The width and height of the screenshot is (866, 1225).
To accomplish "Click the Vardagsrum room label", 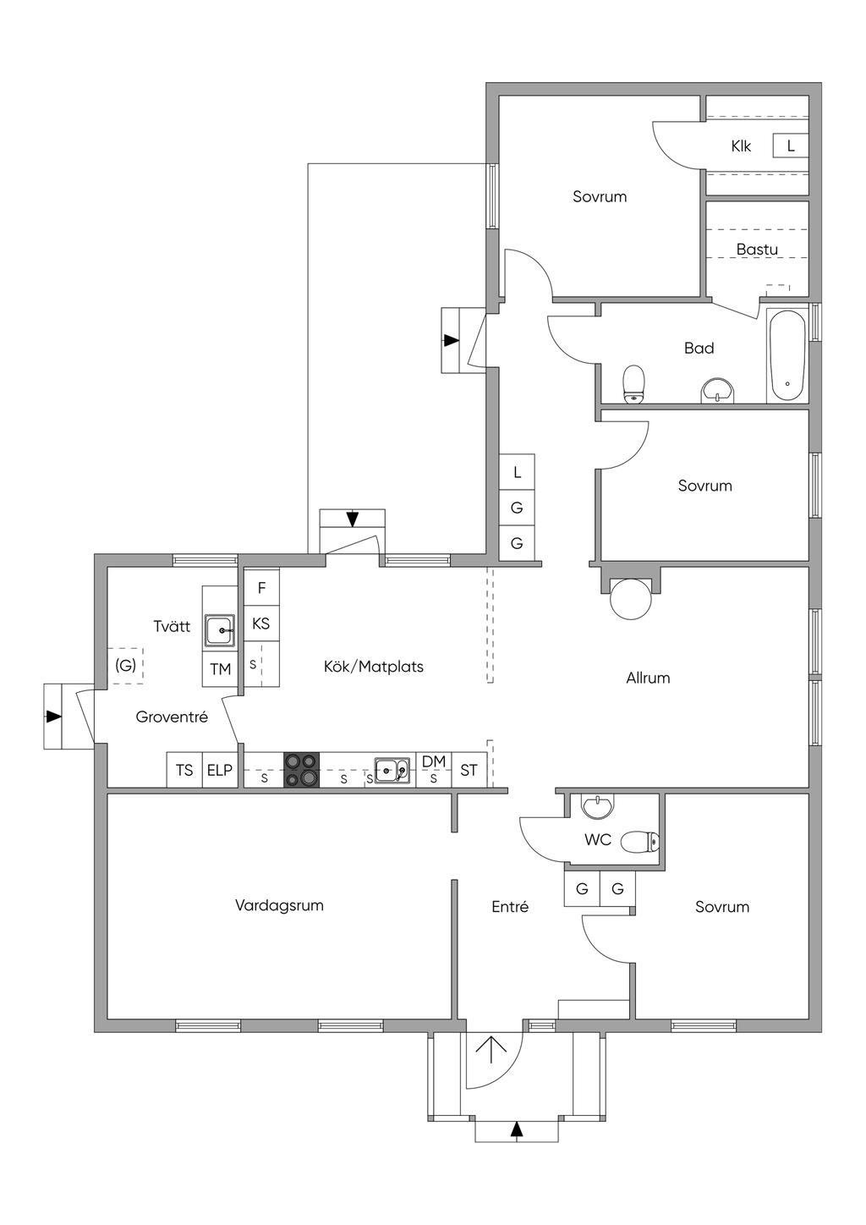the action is tap(279, 905).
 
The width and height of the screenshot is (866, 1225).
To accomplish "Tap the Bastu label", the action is tap(757, 250).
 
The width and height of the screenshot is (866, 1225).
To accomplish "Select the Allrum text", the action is tap(648, 678).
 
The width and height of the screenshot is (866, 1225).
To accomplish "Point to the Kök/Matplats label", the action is tap(374, 667).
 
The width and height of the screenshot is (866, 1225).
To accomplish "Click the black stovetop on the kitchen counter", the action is tap(301, 770).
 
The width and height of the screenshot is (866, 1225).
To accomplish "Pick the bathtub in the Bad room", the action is tap(787, 356).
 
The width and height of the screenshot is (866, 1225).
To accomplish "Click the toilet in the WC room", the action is tap(639, 842).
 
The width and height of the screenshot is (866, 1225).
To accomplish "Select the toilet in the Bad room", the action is tap(633, 384).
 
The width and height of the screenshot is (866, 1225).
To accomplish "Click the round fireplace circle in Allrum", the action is tap(631, 599).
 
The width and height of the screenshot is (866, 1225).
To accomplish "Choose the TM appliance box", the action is tap(221, 669).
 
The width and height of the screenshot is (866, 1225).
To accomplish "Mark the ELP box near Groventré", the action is tap(220, 770).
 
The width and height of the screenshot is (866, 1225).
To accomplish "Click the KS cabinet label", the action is tap(261, 623).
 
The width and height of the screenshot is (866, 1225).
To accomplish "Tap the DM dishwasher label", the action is tap(434, 761).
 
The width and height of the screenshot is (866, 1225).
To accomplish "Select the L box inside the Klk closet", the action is tap(791, 146).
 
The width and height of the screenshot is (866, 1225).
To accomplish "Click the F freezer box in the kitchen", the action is tap(261, 587).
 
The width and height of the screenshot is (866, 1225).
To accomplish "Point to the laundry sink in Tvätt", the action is tap(221, 630).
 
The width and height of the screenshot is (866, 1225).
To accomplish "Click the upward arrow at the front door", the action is tap(491, 1051).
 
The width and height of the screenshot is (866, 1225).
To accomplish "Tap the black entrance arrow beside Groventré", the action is tap(53, 717).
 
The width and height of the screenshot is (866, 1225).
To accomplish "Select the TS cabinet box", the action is tap(185, 770).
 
